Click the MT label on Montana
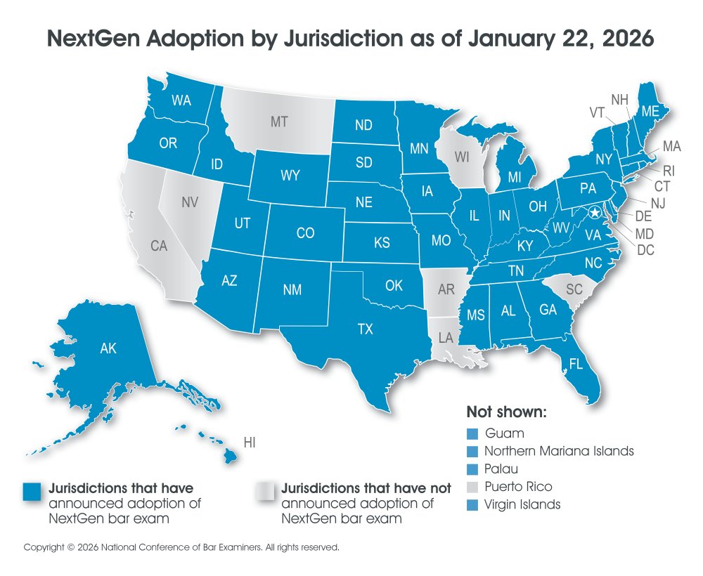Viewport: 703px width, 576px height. click(x=279, y=122)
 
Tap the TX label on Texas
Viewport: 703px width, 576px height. click(x=366, y=329)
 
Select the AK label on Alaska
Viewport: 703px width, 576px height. click(x=108, y=348)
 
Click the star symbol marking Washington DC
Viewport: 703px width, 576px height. click(x=595, y=212)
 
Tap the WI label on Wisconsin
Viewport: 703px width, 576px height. click(x=461, y=158)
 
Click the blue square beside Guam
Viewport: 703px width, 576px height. click(x=472, y=433)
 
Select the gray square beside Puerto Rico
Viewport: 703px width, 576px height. click(x=472, y=487)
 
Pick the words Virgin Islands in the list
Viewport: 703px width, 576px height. click(x=522, y=504)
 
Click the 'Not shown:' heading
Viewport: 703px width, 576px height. click(x=506, y=412)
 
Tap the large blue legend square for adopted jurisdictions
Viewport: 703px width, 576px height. click(x=33, y=492)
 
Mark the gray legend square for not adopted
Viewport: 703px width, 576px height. click(x=266, y=492)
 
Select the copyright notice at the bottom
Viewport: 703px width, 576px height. click(x=181, y=546)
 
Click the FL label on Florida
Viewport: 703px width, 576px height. click(x=576, y=365)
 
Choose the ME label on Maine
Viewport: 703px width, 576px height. click(x=650, y=110)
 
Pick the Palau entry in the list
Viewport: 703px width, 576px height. click(x=502, y=469)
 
